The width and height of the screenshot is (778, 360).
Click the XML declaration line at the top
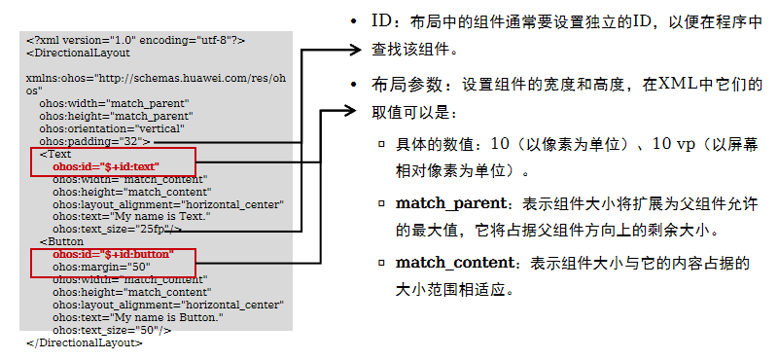(x=135, y=40)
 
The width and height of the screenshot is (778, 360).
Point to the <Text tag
(x=55, y=154)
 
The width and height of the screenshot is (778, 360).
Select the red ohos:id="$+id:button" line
(x=113, y=253)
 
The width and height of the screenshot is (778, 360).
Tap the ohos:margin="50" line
(x=100, y=266)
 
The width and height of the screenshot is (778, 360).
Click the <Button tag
(x=61, y=240)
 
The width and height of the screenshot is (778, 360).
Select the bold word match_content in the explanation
(x=454, y=263)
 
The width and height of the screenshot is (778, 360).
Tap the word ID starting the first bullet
(x=383, y=21)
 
